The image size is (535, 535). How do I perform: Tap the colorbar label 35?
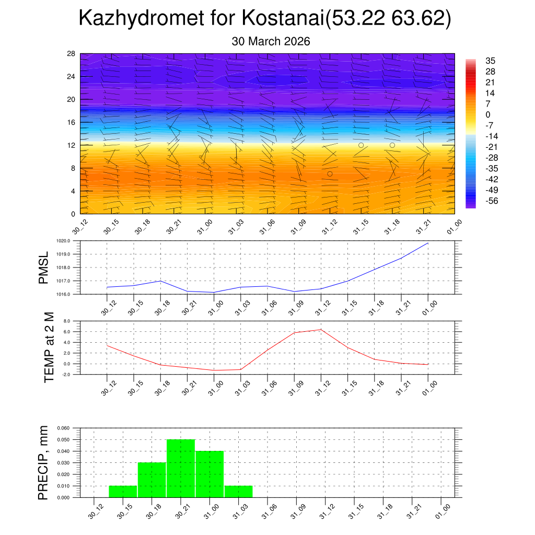click(490, 61)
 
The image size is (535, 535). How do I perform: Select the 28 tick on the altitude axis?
click(71, 54)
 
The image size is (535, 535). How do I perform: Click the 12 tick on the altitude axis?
click(71, 145)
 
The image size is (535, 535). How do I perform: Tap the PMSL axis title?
click(43, 267)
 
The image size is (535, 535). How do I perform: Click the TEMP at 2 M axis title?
click(50, 348)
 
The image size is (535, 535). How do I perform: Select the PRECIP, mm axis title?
click(43, 463)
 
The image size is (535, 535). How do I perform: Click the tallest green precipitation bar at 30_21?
click(181, 469)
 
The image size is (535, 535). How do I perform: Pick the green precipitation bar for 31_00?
click(210, 474)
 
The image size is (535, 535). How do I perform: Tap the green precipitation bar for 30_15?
click(123, 492)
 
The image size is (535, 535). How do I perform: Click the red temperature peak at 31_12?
click(321, 329)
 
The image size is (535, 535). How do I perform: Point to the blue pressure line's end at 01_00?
click(428, 243)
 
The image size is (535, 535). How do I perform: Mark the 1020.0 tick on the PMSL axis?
click(68, 241)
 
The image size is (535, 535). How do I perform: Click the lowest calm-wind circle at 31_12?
click(330, 174)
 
